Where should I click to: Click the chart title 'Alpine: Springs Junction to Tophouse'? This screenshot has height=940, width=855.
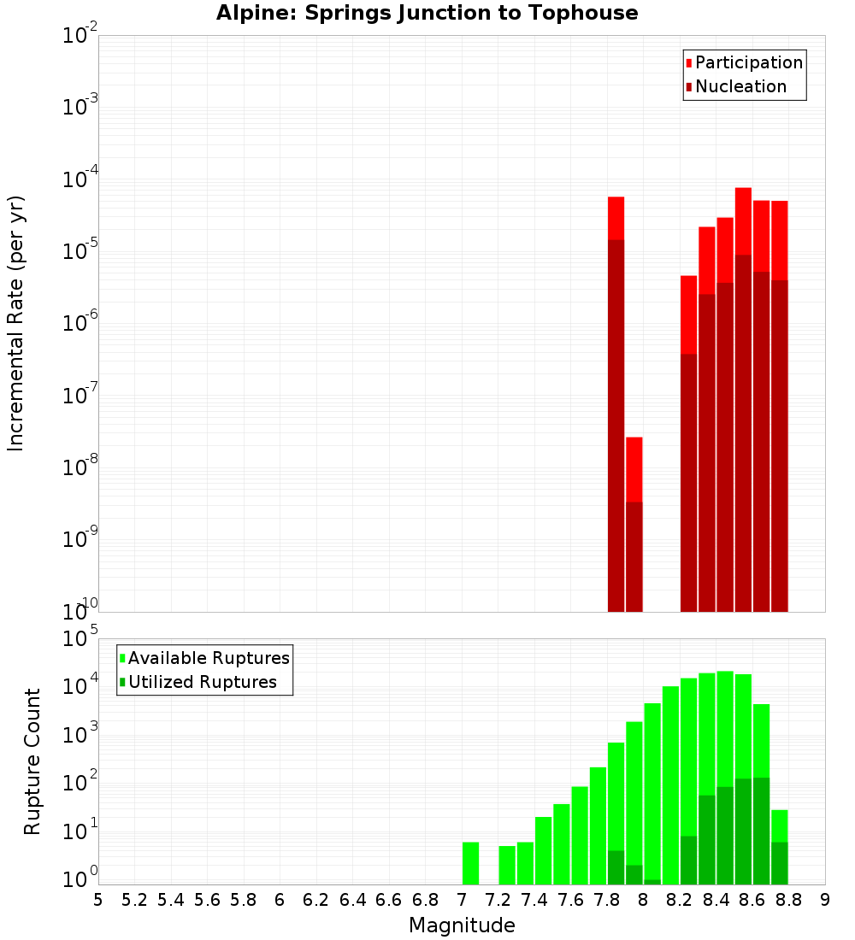coord(427,13)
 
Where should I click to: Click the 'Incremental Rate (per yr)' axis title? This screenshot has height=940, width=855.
coord(16,324)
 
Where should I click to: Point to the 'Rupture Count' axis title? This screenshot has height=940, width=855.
coord(32,761)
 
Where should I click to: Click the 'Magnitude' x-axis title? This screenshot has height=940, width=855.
coord(462,925)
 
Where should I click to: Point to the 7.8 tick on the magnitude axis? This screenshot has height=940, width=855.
coord(607,899)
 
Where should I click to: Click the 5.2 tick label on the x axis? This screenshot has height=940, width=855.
coord(134,899)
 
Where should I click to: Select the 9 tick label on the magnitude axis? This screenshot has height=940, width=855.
coord(825,899)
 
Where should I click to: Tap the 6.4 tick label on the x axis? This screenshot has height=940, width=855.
coord(352,899)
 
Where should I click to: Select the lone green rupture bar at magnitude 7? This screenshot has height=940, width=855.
coord(470,863)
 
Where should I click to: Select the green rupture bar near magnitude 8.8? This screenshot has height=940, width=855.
coord(779,847)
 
